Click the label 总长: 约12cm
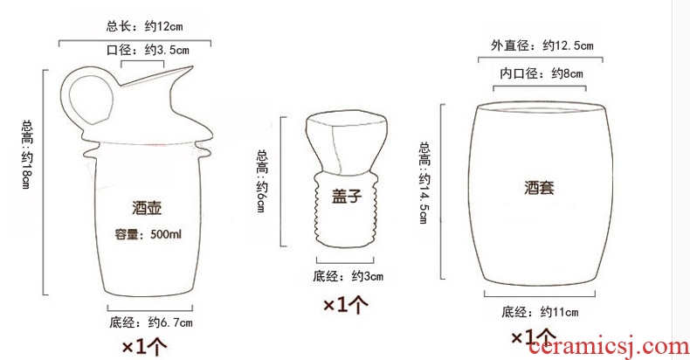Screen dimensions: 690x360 (144, 26)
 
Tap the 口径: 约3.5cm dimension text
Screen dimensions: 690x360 (148, 50)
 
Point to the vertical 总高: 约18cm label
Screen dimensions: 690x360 (27, 155)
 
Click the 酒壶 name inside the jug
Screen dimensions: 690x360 (147, 208)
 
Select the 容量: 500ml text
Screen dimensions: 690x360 (148, 234)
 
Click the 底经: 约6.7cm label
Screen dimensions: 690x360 (151, 322)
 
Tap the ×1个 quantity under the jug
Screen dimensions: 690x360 (144, 347)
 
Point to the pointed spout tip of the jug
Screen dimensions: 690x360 (192, 67)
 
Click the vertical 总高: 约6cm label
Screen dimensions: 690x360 (262, 181)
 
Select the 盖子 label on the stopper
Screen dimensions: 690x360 (347, 196)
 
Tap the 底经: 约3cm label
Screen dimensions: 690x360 (348, 276)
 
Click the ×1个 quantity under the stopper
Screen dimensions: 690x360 (346, 305)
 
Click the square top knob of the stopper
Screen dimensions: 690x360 (347, 142)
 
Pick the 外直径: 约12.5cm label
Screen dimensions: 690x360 (542, 45)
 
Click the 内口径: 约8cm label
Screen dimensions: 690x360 (542, 73)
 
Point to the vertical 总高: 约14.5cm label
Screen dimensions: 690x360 (424, 183)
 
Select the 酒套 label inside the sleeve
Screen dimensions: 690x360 (539, 188)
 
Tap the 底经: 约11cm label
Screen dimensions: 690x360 (540, 313)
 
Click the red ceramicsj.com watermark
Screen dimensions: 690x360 (609, 347)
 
